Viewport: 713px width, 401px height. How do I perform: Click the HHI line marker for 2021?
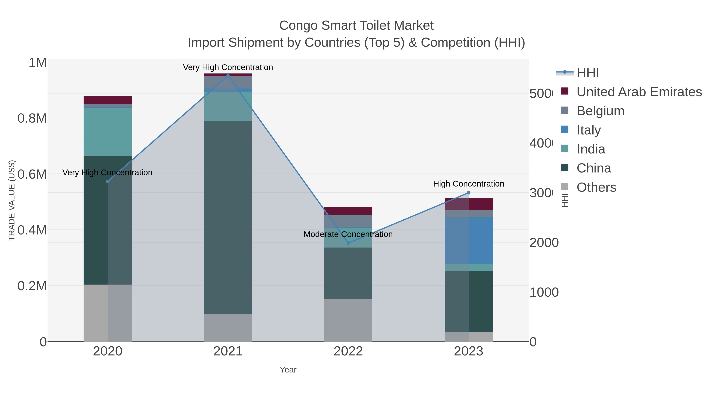point(228,76)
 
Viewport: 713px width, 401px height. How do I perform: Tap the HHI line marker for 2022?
point(348,243)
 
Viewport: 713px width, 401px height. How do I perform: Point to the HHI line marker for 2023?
point(468,193)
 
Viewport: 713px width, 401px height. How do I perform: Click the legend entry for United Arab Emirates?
point(639,92)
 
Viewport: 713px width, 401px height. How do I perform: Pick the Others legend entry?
point(596,187)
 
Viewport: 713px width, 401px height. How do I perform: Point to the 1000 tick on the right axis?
point(544,292)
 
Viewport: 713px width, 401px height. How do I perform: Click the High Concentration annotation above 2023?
point(468,184)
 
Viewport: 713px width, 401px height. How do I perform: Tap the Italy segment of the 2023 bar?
point(468,240)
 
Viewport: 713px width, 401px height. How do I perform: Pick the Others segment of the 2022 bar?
point(348,320)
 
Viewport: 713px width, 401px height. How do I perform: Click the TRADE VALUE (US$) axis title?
point(12,200)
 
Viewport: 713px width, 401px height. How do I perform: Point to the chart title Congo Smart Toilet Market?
point(356,26)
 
